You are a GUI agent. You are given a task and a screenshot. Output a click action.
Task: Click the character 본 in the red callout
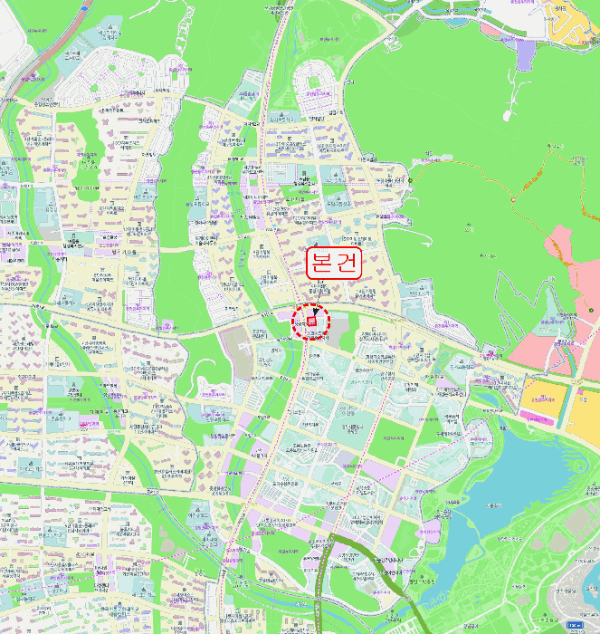coord(322,263)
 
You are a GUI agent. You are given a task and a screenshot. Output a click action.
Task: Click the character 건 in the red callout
coord(348,263)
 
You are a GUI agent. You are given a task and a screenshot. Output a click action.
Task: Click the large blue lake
coord(516,471)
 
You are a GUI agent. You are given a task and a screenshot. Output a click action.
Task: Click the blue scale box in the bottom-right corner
coord(576,625)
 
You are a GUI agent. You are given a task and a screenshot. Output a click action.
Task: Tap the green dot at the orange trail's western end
coord(410,181)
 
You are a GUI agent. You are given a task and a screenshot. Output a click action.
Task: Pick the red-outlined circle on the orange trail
coord(512,198)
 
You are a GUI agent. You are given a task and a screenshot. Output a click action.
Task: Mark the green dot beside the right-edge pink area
coord(590,311)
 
